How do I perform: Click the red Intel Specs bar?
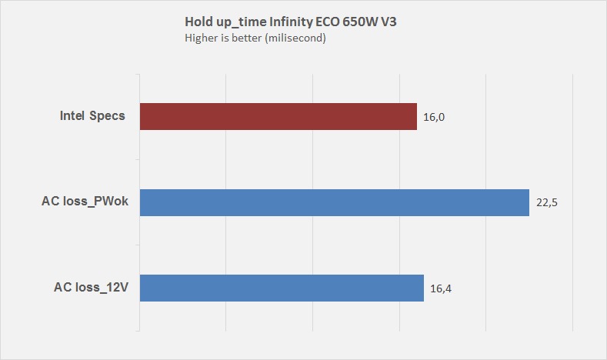click(278, 117)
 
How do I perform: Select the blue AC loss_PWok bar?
click(334, 202)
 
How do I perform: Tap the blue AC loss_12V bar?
click(282, 288)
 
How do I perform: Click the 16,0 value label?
click(435, 118)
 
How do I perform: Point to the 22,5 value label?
click(547, 203)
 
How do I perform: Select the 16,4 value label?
click(442, 288)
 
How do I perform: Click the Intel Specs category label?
click(92, 117)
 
